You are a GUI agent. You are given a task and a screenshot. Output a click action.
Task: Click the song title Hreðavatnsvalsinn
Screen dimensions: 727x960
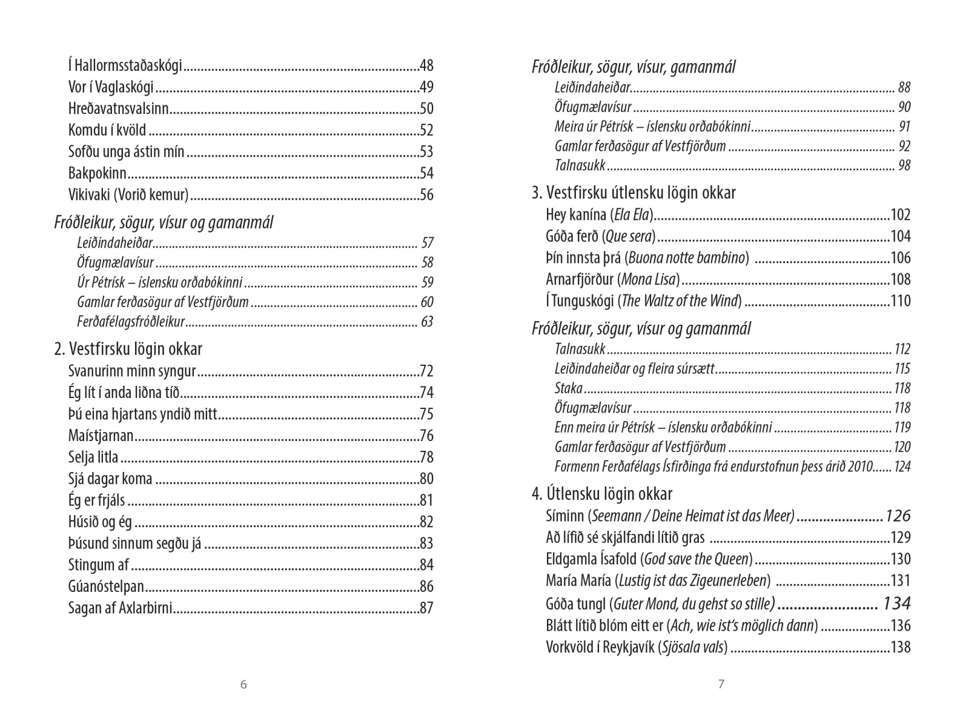[118, 109]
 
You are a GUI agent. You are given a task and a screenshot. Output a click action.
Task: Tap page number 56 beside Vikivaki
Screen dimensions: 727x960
[426, 195]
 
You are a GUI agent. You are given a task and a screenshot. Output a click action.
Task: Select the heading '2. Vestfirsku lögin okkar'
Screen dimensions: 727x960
[128, 349]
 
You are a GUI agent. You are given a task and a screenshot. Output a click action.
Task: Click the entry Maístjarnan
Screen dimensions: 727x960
[101, 436]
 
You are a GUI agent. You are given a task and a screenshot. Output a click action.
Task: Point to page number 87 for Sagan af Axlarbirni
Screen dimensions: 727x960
[426, 608]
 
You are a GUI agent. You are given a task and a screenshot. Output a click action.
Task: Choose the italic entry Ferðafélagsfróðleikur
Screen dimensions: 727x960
[131, 322]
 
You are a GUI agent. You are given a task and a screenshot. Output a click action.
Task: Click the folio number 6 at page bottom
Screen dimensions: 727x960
[243, 685]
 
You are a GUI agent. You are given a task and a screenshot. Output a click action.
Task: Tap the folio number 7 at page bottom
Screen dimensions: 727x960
[721, 685]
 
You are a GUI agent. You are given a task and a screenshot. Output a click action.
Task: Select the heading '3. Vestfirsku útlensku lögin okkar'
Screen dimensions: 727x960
[634, 193]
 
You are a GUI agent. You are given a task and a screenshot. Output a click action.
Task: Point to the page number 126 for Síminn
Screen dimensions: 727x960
[898, 516]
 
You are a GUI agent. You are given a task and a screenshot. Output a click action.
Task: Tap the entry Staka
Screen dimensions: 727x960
[568, 388]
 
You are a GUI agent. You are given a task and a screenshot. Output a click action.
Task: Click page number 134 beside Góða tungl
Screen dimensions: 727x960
[896, 603]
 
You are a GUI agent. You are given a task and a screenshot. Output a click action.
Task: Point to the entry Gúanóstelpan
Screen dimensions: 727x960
[107, 586]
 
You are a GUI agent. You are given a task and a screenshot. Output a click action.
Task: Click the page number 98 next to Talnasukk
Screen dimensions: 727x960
[904, 165]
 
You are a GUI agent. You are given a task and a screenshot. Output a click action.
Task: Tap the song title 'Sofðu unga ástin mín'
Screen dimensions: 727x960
[127, 152]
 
